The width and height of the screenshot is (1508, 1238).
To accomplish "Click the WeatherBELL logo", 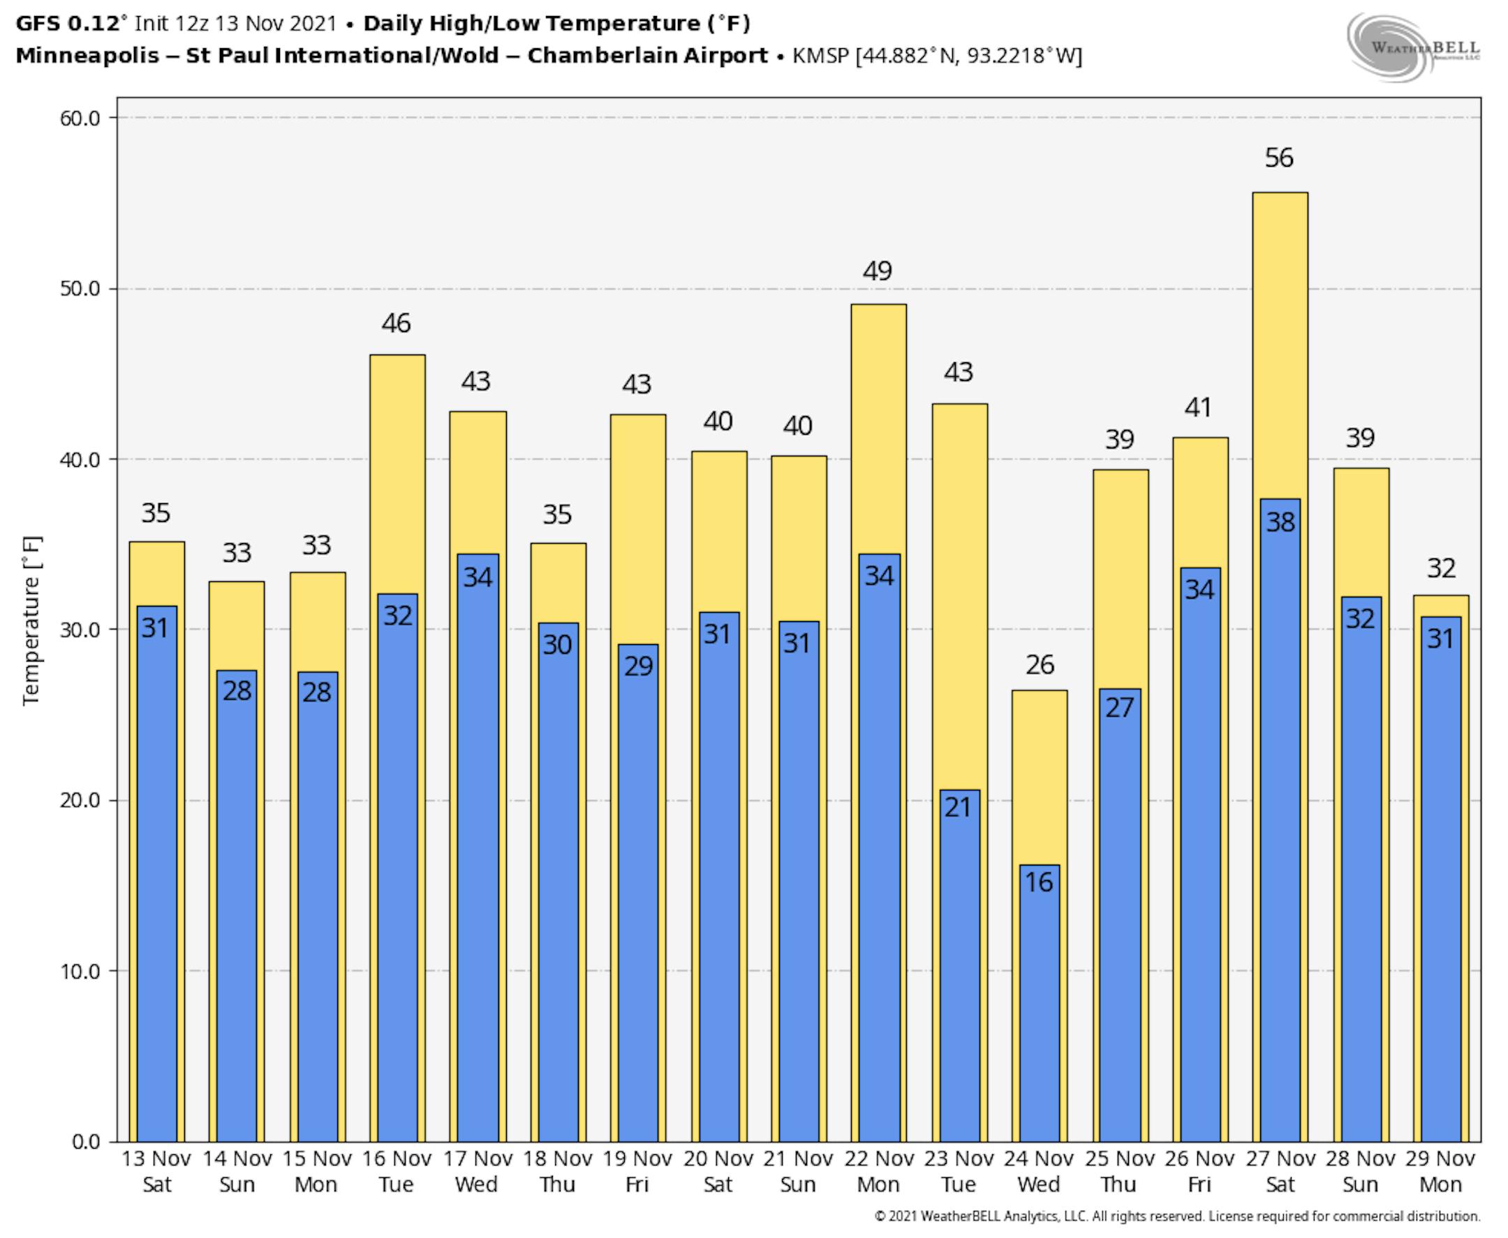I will (1412, 47).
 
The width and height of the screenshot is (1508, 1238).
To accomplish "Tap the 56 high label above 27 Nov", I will (1279, 158).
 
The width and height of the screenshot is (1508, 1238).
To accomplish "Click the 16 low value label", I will (1039, 883).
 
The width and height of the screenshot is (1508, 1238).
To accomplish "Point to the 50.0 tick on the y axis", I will (80, 289).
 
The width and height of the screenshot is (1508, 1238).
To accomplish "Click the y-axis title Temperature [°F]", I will (32, 620).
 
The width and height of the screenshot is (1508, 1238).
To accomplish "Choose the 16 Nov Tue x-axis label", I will (397, 1171).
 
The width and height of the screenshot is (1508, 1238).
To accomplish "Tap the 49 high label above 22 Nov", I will (878, 271).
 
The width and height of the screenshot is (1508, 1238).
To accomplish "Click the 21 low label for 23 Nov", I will (958, 807).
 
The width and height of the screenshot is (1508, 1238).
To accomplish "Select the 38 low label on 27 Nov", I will (1280, 523).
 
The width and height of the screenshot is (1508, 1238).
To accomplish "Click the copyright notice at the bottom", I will (1177, 1216).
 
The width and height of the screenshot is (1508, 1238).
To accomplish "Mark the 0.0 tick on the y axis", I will (86, 1142).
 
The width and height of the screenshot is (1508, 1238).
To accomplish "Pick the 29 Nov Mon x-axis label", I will (1440, 1171).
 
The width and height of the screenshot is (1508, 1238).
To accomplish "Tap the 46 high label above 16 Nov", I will (396, 324).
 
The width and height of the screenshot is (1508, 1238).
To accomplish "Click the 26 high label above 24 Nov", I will (1040, 664).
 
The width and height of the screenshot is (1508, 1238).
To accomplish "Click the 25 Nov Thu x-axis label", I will (1119, 1171).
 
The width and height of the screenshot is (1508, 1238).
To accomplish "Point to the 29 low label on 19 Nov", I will (638, 666).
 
